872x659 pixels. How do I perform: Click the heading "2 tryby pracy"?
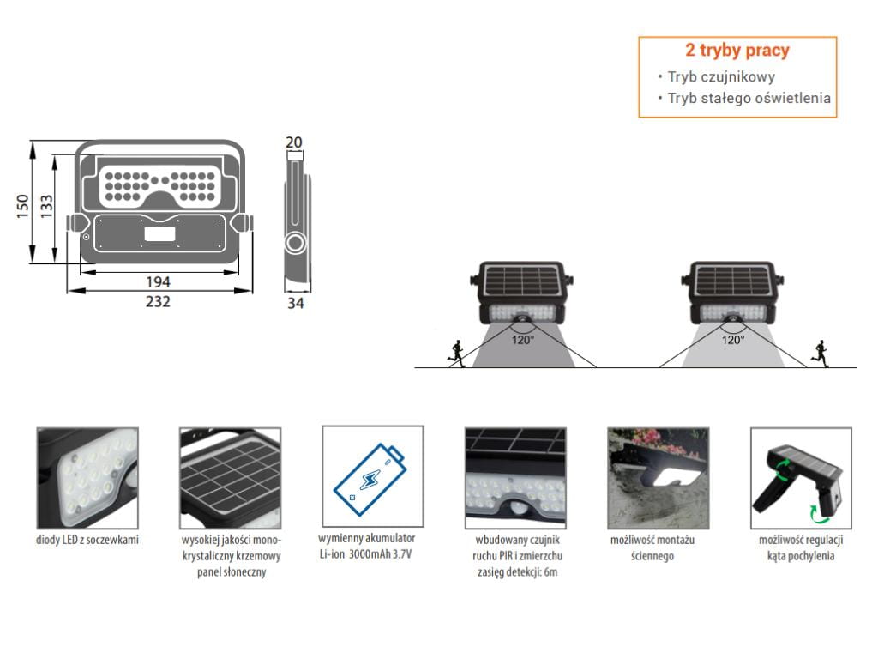[x=737, y=51]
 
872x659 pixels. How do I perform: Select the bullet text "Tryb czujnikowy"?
[x=721, y=76]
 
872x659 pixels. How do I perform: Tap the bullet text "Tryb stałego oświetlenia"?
[x=749, y=98]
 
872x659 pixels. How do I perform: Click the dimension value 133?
[x=47, y=204]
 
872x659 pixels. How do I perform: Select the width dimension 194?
[x=158, y=281]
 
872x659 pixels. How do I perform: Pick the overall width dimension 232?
[x=158, y=301]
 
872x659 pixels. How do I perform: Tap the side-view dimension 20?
[x=294, y=142]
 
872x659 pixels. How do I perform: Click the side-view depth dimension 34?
[x=295, y=302]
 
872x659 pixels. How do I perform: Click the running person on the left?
[x=457, y=353]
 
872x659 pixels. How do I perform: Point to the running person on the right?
[x=821, y=353]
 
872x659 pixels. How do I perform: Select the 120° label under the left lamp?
[x=523, y=340]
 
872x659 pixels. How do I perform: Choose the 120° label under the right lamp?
[x=732, y=340]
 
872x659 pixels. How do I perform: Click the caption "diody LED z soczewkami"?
[x=87, y=540]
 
